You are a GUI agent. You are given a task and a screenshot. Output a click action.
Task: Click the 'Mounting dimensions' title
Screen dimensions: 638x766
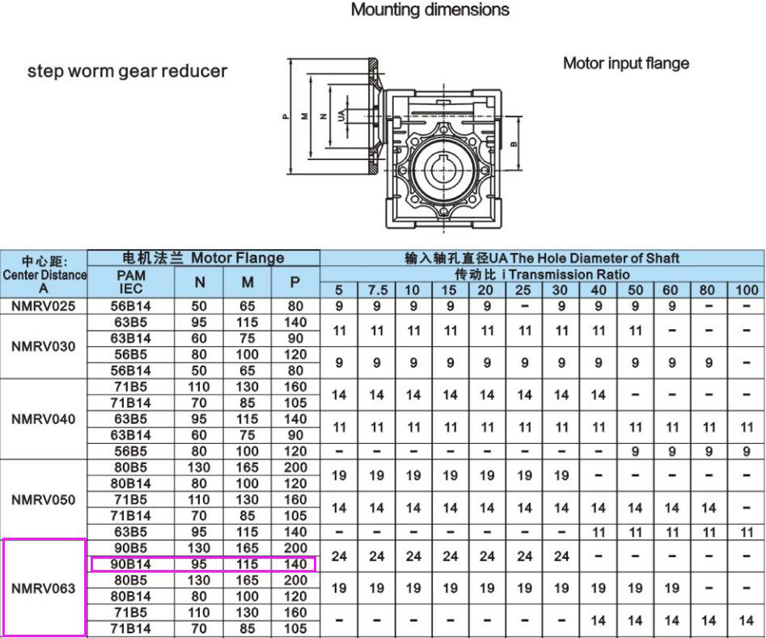pos(430,11)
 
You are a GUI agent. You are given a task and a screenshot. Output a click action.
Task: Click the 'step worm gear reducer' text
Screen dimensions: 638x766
pos(127,70)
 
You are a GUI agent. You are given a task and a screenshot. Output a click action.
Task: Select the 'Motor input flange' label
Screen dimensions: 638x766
pos(625,63)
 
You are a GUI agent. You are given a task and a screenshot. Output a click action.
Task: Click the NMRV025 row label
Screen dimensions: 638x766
pos(44,306)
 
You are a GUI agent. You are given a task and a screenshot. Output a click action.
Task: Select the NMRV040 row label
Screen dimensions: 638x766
pos(44,419)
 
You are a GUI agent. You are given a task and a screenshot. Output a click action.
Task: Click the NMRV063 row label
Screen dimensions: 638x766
pos(44,588)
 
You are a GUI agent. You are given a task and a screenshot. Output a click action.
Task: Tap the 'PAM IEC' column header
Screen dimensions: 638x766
pos(131,281)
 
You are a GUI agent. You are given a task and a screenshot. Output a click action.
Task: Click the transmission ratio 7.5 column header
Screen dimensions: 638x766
pos(376,289)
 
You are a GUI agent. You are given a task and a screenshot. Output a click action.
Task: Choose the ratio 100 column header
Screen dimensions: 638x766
pos(747,289)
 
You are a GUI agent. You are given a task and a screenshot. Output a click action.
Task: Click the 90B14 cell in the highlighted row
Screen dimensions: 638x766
pos(131,564)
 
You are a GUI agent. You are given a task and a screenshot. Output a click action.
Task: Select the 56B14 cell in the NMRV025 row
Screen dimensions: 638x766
pos(131,306)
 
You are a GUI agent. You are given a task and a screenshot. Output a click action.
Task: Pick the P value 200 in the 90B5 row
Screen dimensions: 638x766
pos(295,548)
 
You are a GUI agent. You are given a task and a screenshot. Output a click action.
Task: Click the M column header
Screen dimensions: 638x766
pos(248,281)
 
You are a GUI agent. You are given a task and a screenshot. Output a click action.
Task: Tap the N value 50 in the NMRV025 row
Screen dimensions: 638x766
pos(199,306)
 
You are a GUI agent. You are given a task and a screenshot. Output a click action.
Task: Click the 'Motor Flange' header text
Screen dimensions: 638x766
pos(237,258)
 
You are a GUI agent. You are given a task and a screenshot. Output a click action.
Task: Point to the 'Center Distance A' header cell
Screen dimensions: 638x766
pos(44,274)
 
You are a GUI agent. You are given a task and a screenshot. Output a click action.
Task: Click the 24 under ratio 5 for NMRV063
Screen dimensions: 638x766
pos(340,556)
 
